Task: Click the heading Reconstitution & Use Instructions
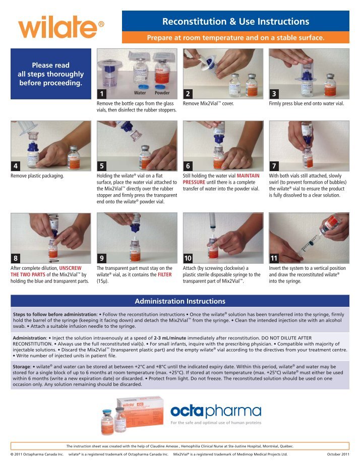coord(235,21)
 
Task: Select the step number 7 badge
coord(274,165)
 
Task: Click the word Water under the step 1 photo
coord(140,93)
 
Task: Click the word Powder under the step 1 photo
coord(162,93)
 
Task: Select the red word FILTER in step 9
coord(169,275)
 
